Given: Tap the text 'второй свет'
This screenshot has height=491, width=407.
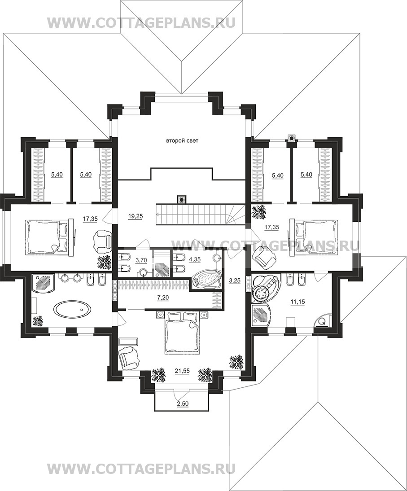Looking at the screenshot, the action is click(x=182, y=141).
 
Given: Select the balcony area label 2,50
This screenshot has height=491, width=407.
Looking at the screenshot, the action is click(x=183, y=403).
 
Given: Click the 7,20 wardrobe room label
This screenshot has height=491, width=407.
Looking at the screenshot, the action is click(x=163, y=298).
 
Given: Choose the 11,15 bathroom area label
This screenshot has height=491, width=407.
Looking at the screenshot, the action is click(x=298, y=302).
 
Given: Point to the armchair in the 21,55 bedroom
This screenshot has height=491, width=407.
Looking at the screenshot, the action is click(x=129, y=359).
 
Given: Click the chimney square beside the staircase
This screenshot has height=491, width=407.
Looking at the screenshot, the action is click(x=181, y=199).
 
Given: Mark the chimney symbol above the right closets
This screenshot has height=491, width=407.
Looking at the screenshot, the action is click(x=292, y=138).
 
